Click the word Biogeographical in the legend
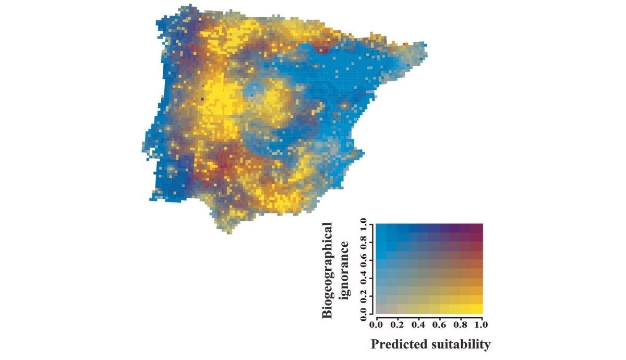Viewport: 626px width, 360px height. coord(327,270)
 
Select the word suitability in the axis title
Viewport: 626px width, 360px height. coord(460,345)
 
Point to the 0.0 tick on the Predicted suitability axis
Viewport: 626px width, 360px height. coord(376,325)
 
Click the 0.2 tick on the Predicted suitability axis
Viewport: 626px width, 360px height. coord(398,325)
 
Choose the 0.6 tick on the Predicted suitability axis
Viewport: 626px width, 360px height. coord(440,325)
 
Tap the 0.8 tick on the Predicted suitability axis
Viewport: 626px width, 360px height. coord(461,325)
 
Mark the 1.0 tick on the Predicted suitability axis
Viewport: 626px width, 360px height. coord(481,325)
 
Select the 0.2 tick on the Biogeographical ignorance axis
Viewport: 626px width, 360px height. coord(364,295)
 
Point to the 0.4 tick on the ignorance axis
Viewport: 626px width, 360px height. coord(364,278)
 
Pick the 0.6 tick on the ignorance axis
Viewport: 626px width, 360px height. coord(364,260)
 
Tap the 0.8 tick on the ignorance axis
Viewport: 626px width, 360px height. coord(364,242)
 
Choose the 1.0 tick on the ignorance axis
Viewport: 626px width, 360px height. coord(364,225)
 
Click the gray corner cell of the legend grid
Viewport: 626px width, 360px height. coord(381,309)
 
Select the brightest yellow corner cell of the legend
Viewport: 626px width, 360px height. coord(477,309)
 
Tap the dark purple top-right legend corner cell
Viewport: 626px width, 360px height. coord(477,228)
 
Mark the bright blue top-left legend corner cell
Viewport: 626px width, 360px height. coord(381,228)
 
